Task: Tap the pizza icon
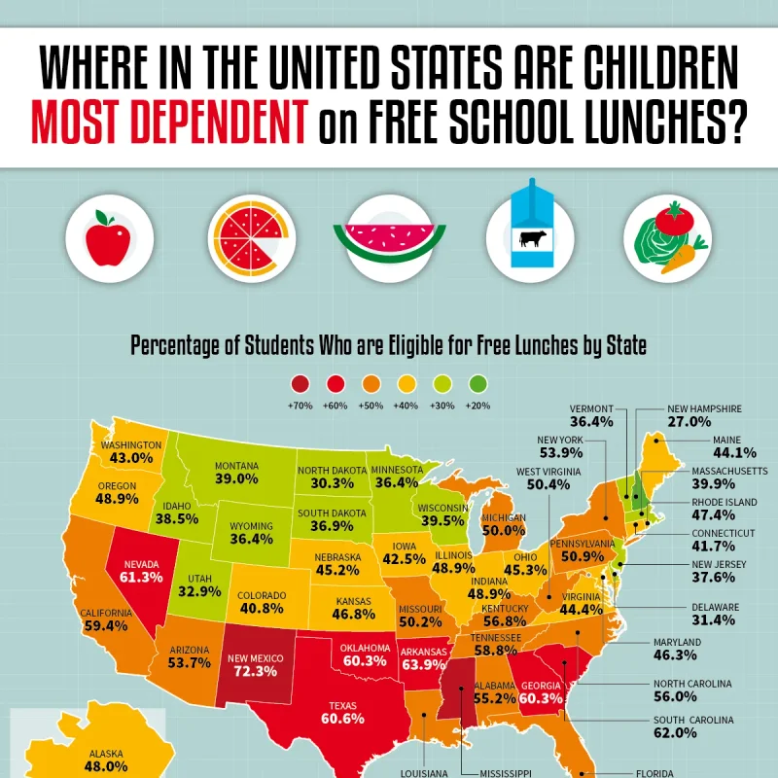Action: pyautogui.click(x=243, y=238)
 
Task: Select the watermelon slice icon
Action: pyautogui.click(x=388, y=238)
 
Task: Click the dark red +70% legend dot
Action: pyautogui.click(x=301, y=384)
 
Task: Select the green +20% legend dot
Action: pyautogui.click(x=477, y=384)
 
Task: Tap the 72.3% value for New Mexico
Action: pyautogui.click(x=256, y=673)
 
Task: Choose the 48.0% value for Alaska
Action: pyautogui.click(x=107, y=766)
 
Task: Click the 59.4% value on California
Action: pyautogui.click(x=106, y=626)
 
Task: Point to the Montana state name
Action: pyautogui.click(x=236, y=465)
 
